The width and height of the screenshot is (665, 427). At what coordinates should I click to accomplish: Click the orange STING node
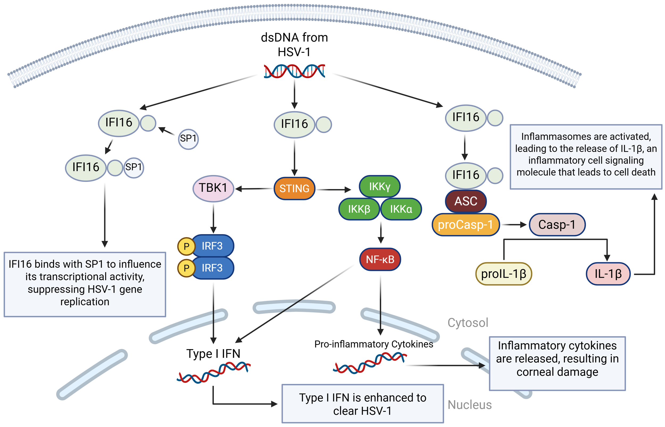click(294, 189)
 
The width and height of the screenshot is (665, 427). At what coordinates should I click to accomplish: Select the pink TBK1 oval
click(213, 188)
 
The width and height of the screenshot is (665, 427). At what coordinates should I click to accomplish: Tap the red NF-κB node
click(380, 259)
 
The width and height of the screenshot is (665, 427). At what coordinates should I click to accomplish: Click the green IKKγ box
click(379, 186)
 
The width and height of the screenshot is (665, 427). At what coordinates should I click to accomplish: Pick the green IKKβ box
click(359, 209)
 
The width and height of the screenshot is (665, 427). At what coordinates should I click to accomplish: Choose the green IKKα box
click(401, 209)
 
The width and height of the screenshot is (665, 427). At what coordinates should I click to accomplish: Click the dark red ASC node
click(465, 201)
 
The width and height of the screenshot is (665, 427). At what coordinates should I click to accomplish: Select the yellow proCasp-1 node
click(465, 225)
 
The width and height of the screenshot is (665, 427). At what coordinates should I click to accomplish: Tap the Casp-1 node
click(557, 225)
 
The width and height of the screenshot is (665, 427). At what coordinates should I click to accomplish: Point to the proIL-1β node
click(503, 274)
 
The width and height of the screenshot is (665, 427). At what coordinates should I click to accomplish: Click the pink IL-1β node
click(608, 274)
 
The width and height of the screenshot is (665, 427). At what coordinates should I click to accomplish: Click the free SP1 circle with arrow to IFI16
click(188, 139)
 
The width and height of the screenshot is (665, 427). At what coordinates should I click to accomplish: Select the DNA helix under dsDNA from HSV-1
click(294, 71)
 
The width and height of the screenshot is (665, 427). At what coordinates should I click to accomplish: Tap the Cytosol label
click(468, 323)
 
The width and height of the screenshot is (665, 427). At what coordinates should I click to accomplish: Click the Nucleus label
click(469, 405)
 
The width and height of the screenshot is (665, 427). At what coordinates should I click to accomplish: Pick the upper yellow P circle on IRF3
click(186, 246)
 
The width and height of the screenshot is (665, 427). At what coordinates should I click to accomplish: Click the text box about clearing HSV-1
click(362, 404)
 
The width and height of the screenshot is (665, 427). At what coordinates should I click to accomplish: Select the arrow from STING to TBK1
click(254, 189)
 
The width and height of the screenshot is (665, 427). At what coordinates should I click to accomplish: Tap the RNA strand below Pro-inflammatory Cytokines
click(370, 363)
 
